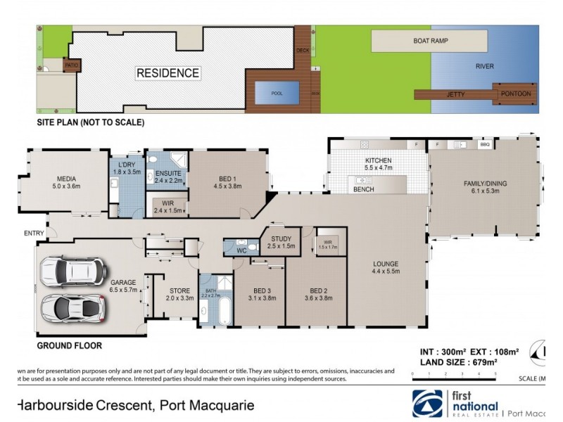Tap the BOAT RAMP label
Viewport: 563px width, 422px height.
pos(430,41)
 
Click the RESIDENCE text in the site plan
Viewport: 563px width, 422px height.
pos(167,73)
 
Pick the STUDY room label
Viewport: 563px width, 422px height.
pos(281,239)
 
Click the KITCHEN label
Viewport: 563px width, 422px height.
pos(378,161)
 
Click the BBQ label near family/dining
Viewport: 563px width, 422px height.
pos(484,144)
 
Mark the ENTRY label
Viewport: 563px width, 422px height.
pos(34,234)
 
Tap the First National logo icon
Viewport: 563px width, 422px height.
pos(427,404)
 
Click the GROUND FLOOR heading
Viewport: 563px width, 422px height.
pos(69,345)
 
